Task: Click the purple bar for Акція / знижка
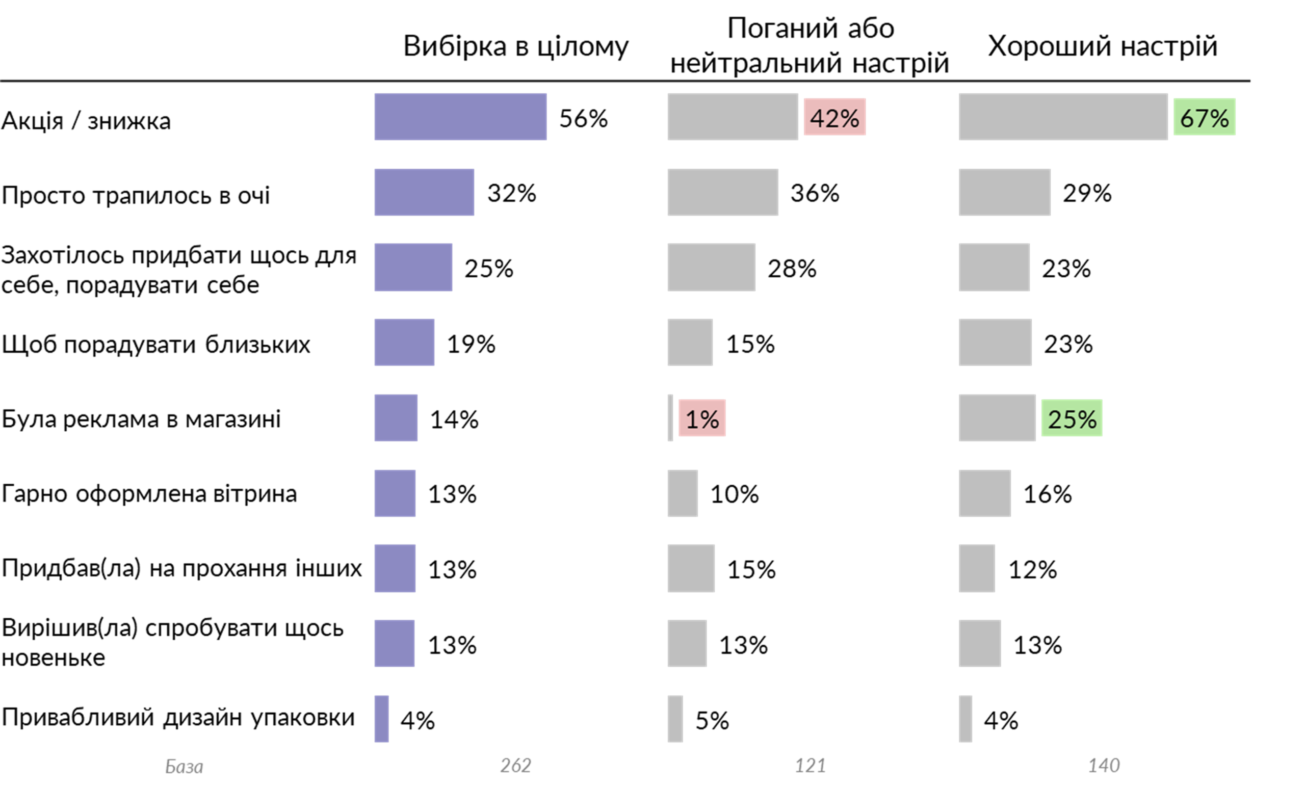click(x=460, y=117)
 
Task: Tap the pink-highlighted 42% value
click(x=834, y=117)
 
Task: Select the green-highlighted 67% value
click(x=1205, y=117)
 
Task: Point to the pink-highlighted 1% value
click(x=702, y=418)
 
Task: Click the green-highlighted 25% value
click(x=1072, y=418)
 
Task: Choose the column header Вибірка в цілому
click(x=515, y=46)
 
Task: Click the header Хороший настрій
click(x=1103, y=46)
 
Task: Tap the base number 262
click(x=515, y=765)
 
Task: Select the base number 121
click(x=810, y=765)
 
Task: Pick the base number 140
click(x=1104, y=765)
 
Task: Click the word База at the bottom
click(x=184, y=766)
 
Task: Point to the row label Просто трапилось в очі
click(x=136, y=195)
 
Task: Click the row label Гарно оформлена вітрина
click(x=149, y=493)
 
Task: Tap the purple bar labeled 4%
click(x=381, y=719)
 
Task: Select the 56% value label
click(x=583, y=118)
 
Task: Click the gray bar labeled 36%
click(x=722, y=192)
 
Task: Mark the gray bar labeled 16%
click(x=984, y=493)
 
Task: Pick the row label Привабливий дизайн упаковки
click(x=178, y=718)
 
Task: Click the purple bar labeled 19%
click(x=404, y=342)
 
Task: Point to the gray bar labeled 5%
click(x=675, y=719)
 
